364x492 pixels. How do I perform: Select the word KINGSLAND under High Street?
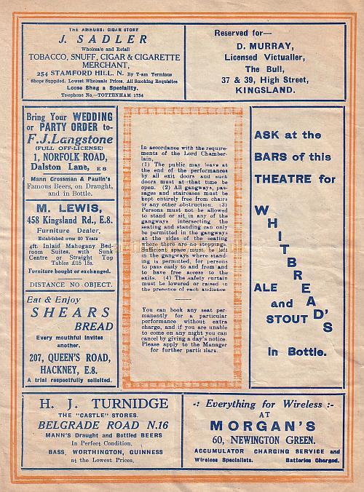(272, 91)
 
